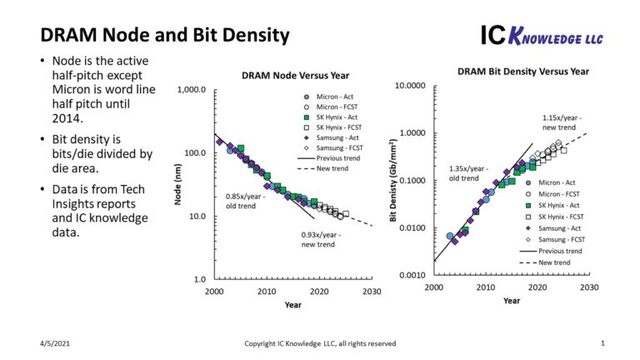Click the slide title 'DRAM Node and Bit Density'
tap(165, 35)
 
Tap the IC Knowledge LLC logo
tap(542, 35)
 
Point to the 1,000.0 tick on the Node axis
tap(192, 89)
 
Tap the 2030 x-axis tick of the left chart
tap(372, 292)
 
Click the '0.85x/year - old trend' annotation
tap(242, 201)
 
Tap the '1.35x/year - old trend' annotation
tap(464, 173)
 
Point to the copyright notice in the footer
tap(320, 343)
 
